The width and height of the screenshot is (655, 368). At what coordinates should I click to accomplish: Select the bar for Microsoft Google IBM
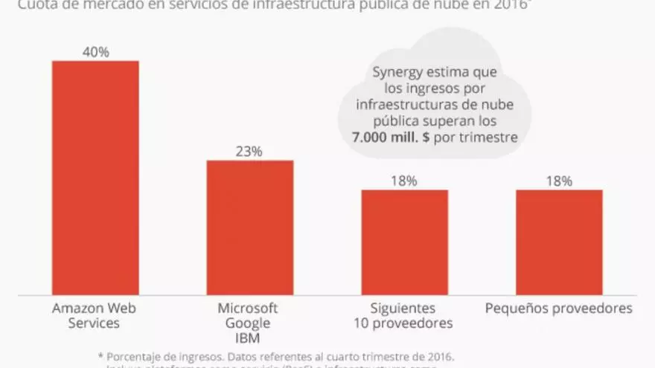coord(249,227)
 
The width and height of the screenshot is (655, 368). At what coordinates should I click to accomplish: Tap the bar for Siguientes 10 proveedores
coord(404,242)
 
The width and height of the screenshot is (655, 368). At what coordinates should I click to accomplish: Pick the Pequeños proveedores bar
coord(559,242)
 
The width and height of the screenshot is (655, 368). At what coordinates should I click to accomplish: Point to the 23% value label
coord(249,151)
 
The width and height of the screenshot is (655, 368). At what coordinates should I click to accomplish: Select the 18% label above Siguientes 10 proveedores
coord(404,181)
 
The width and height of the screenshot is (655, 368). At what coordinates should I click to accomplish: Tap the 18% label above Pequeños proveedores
coord(559,181)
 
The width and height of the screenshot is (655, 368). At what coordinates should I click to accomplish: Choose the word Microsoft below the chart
coord(247,308)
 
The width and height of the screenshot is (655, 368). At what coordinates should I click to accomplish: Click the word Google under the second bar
coord(247,323)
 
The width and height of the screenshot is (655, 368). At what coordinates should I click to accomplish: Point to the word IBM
coord(247,338)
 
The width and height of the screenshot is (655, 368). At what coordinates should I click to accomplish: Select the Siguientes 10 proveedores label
coord(404,315)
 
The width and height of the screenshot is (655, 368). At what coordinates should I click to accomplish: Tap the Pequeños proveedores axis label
coord(559,308)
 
